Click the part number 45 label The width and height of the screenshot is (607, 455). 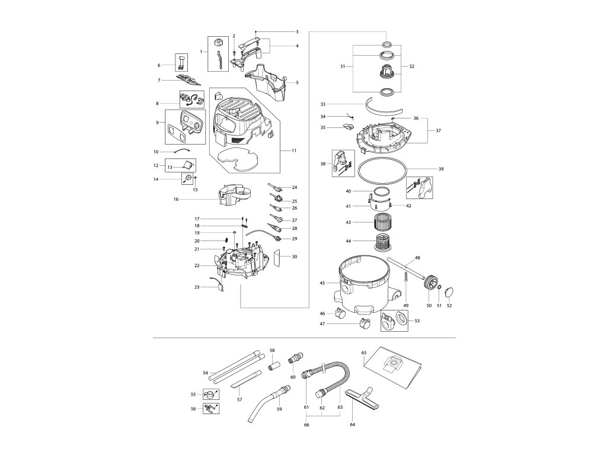[x=322, y=283]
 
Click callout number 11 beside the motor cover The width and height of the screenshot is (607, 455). [x=293, y=150]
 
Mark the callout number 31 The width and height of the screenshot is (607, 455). [x=343, y=67]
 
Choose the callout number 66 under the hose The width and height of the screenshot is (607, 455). [x=306, y=425]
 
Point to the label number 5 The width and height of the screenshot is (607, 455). [x=296, y=82]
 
